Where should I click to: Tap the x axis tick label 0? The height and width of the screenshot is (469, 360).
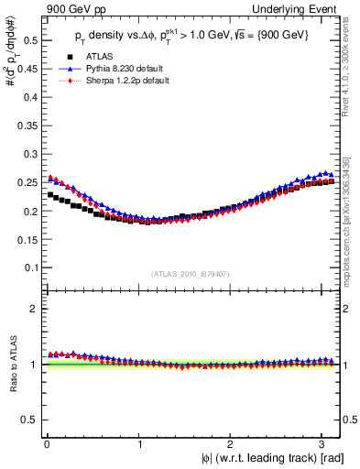pyautogui.click(x=46, y=443)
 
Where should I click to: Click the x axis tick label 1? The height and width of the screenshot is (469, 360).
pyautogui.click(x=139, y=443)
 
